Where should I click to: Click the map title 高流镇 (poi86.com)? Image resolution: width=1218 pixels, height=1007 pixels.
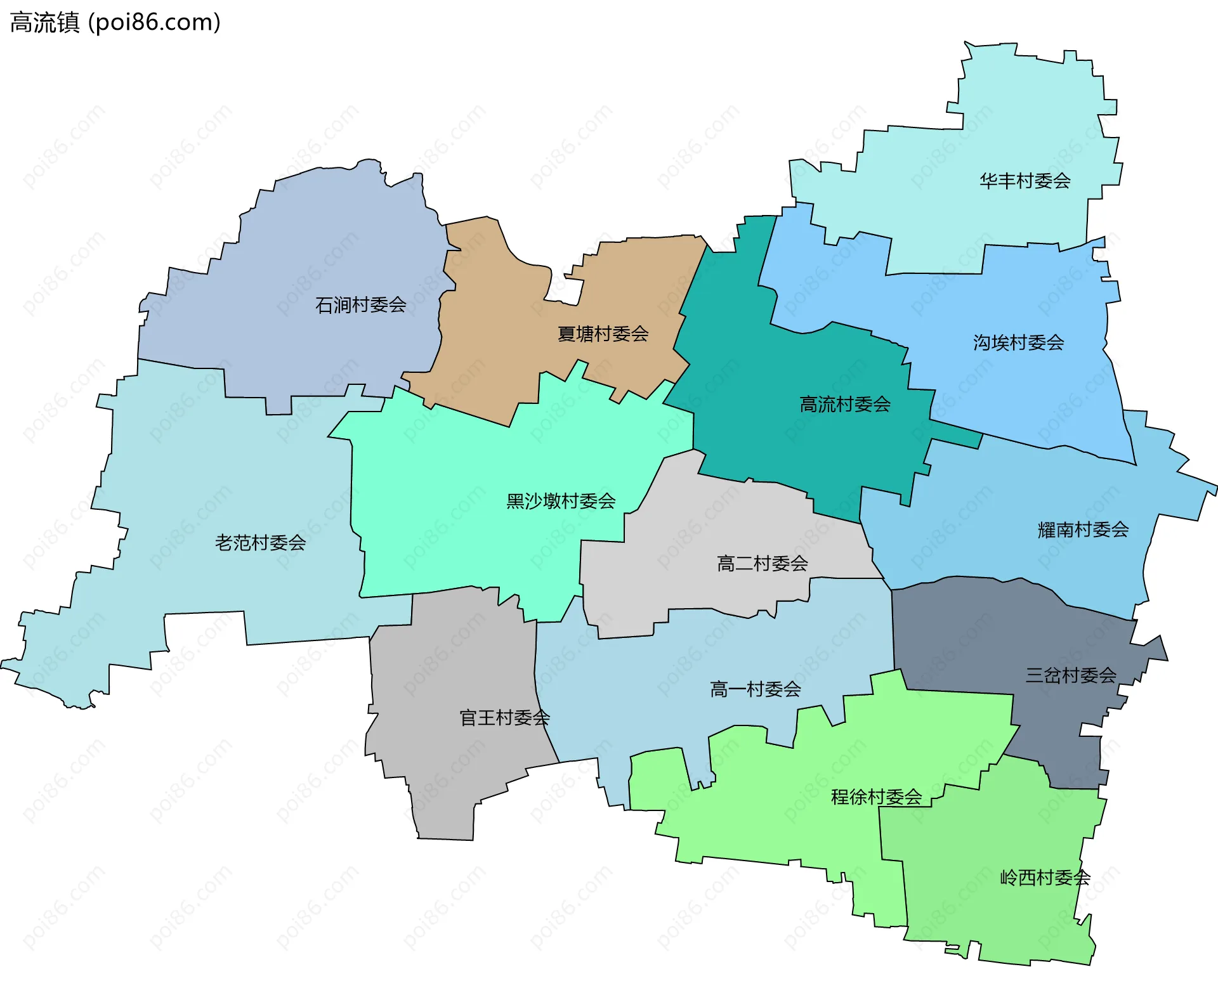click(115, 23)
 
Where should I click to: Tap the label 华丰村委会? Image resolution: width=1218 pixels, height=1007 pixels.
click(1025, 181)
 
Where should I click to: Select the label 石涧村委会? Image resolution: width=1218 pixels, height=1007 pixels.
click(360, 305)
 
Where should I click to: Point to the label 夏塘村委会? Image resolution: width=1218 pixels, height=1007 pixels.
click(603, 334)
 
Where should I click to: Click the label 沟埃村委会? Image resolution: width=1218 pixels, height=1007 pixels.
click(1018, 343)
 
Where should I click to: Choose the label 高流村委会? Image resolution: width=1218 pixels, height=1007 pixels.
click(845, 405)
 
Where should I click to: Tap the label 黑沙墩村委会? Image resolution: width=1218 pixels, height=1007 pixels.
click(561, 502)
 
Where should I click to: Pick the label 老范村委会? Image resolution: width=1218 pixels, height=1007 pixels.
click(260, 543)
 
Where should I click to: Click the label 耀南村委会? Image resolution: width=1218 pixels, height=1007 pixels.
click(1083, 529)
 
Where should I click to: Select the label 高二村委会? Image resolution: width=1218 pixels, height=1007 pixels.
click(762, 563)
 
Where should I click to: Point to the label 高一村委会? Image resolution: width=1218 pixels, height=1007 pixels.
click(755, 689)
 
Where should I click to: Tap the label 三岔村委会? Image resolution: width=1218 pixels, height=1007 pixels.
click(1071, 675)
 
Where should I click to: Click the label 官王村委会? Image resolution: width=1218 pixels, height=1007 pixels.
click(504, 718)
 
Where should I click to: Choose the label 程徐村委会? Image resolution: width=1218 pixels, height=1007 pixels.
click(876, 797)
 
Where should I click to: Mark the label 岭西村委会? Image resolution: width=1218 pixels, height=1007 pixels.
click(1045, 878)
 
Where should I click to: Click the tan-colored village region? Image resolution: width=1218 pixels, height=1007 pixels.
click(495, 355)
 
